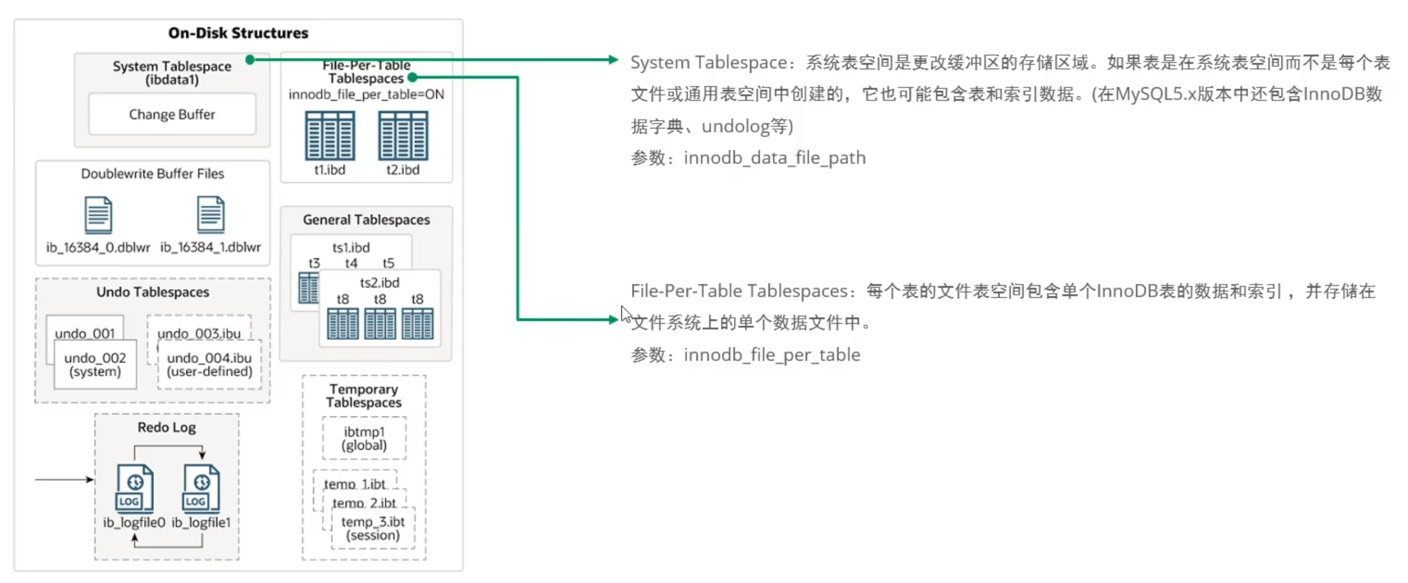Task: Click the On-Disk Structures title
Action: click(238, 33)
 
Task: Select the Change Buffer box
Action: click(172, 114)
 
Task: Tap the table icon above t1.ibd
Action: click(330, 136)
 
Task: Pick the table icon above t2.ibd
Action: click(403, 136)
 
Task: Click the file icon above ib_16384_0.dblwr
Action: click(99, 215)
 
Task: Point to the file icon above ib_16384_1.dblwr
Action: click(211, 214)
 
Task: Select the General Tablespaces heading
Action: click(366, 220)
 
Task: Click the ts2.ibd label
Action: click(380, 283)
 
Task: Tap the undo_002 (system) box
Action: click(95, 365)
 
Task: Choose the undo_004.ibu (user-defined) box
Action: click(209, 365)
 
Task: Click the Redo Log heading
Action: click(167, 427)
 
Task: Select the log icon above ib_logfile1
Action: click(201, 488)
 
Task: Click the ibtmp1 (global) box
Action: click(364, 438)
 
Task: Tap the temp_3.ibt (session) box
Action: click(373, 528)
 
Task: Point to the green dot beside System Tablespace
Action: click(250, 60)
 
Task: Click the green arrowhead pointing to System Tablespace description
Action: click(613, 60)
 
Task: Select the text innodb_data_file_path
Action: click(774, 158)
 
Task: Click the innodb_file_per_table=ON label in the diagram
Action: click(366, 94)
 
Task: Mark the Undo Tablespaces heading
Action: click(152, 292)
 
